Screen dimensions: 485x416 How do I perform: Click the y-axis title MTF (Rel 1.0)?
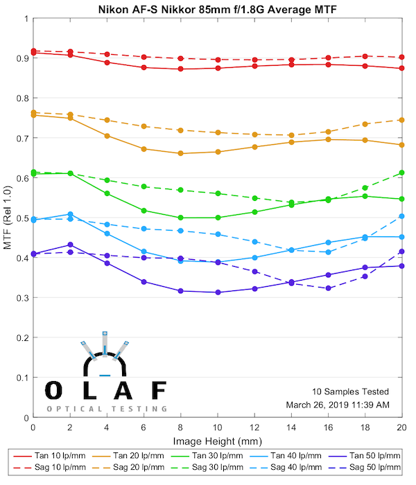click(8, 218)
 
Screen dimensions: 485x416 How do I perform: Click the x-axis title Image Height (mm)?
click(218, 441)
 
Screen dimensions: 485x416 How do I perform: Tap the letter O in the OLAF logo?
click(56, 391)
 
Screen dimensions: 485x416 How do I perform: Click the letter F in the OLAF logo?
click(159, 391)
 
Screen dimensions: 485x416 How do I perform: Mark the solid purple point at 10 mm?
click(218, 292)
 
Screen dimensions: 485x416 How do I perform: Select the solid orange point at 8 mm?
click(181, 153)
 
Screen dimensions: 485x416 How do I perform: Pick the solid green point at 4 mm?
click(107, 193)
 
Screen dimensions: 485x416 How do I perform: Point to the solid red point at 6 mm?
click(144, 67)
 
